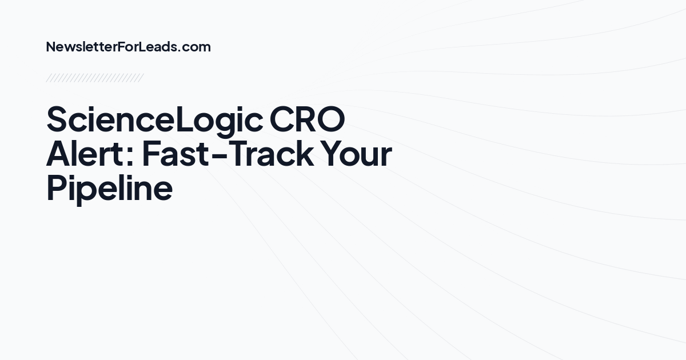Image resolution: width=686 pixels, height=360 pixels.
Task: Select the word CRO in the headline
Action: (308, 119)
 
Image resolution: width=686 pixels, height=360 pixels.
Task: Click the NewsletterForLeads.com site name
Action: (128, 47)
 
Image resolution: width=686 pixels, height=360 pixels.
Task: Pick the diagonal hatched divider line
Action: (94, 78)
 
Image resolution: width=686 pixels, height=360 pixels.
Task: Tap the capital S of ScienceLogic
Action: (57, 119)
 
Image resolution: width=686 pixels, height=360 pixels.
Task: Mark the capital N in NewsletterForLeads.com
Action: (50, 47)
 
